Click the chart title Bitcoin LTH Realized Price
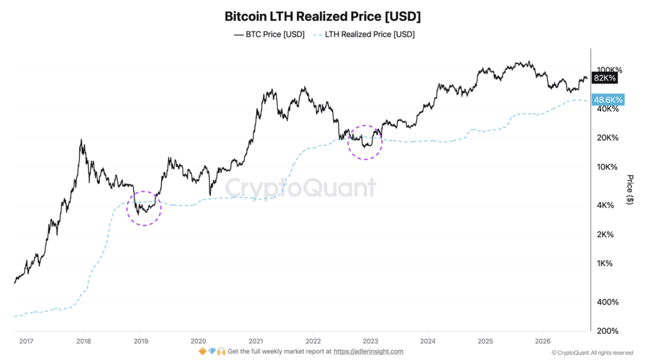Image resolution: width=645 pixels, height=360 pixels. click(322, 16)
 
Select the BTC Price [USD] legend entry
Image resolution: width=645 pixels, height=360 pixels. click(269, 34)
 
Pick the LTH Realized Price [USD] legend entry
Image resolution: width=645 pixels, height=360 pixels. click(364, 34)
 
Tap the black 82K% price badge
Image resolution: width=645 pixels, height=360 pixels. click(605, 78)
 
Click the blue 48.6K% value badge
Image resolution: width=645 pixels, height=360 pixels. click(608, 100)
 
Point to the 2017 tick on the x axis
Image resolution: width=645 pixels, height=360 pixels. click(26, 341)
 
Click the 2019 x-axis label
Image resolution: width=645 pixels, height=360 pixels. click(141, 341)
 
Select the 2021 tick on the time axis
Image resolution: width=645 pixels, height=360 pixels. click(256, 341)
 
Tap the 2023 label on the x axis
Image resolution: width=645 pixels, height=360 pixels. click(370, 341)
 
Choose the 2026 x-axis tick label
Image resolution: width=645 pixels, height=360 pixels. click(543, 341)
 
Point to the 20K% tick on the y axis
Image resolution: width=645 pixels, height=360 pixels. click(608, 138)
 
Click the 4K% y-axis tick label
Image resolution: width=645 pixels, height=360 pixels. click(605, 205)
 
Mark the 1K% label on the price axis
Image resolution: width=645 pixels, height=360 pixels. click(605, 263)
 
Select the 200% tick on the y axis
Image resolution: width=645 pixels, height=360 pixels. click(608, 331)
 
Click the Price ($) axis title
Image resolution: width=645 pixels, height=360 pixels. click(630, 190)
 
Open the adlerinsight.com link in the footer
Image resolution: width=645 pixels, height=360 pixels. click(368, 351)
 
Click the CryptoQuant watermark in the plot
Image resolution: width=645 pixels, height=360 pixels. click(300, 188)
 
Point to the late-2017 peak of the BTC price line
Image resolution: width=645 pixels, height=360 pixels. click(81, 140)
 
